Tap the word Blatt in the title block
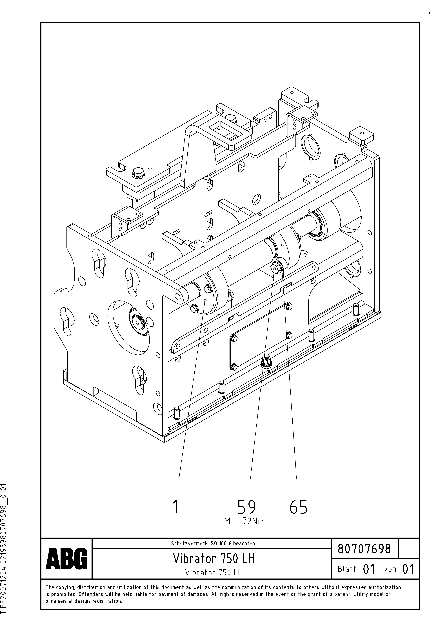(347, 569)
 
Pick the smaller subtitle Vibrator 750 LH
(214, 572)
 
